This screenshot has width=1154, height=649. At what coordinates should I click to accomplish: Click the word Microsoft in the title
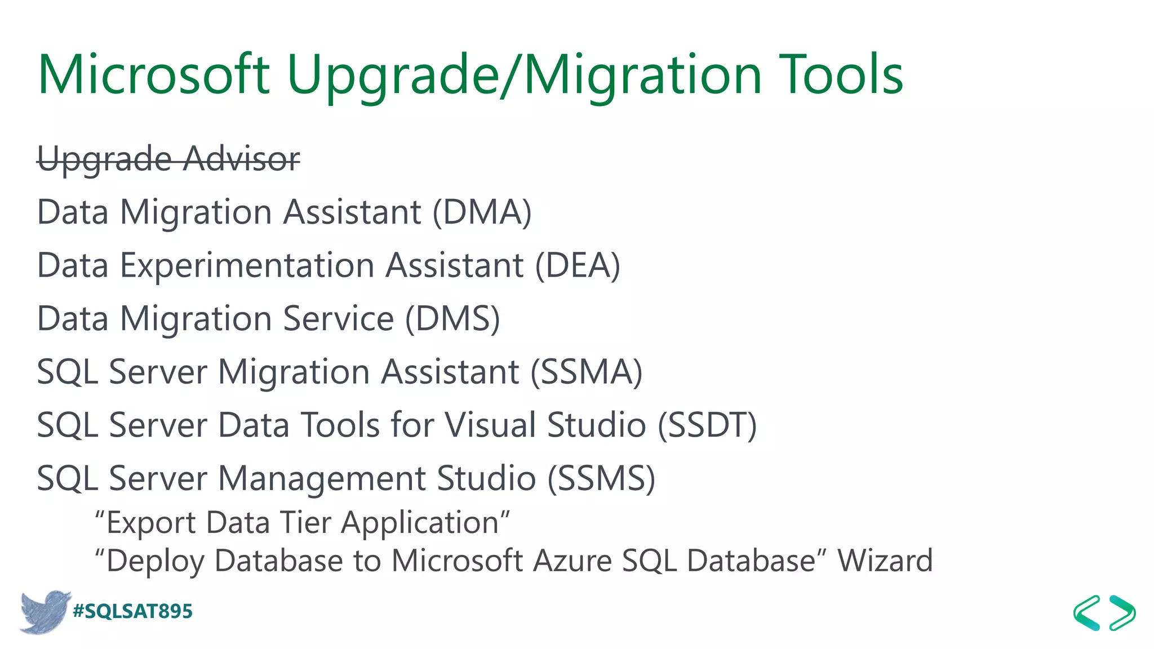pyautogui.click(x=153, y=74)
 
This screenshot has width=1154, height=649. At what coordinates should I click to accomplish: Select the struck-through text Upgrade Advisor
pyautogui.click(x=168, y=159)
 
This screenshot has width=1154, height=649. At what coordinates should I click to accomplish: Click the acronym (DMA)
pyautogui.click(x=482, y=212)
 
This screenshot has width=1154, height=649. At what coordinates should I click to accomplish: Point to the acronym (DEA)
pyautogui.click(x=577, y=265)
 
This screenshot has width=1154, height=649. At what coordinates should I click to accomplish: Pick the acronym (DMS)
pyautogui.click(x=452, y=319)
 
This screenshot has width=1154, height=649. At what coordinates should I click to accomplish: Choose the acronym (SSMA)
pyautogui.click(x=586, y=372)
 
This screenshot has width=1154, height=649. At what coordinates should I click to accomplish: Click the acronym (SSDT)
pyautogui.click(x=707, y=425)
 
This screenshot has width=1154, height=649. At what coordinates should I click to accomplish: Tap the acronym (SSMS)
pyautogui.click(x=601, y=478)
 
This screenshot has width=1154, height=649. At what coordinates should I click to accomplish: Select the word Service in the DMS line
pyautogui.click(x=338, y=319)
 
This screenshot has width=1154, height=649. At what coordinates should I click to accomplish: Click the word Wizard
pyautogui.click(x=885, y=561)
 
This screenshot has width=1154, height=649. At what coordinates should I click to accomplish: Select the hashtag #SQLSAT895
pyautogui.click(x=132, y=611)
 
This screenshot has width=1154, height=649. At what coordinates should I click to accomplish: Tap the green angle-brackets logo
pyautogui.click(x=1104, y=612)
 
